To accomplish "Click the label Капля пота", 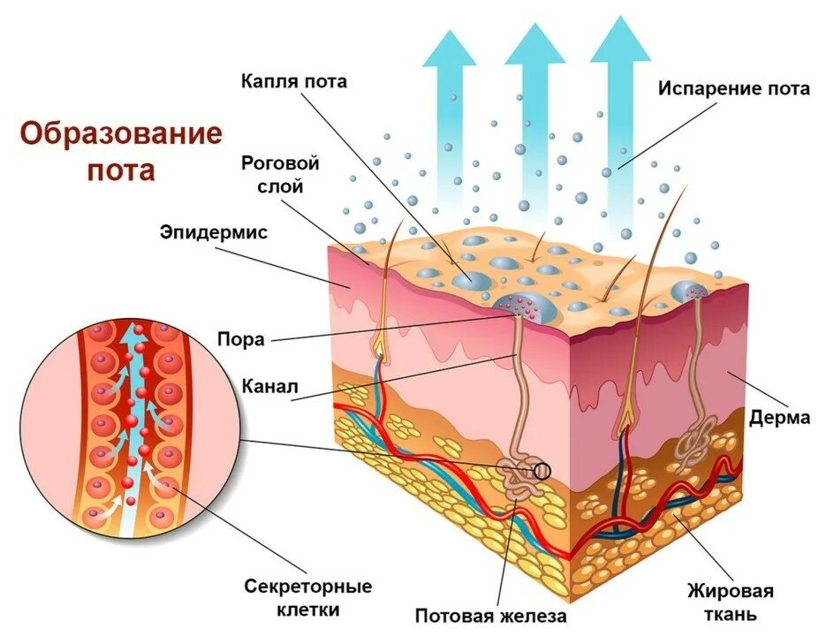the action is (294, 81).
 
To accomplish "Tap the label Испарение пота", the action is (734, 88).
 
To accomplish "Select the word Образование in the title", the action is (121, 134).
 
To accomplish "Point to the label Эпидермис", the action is (214, 232).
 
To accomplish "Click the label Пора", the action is (241, 339).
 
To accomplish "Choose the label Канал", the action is (269, 387).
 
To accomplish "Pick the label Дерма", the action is (779, 417).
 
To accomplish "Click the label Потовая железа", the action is (490, 616).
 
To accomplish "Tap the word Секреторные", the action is (308, 586).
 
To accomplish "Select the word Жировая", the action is (730, 591).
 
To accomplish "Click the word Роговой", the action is (280, 163).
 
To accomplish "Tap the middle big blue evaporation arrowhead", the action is (534, 45).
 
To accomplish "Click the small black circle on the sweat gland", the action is (542, 471).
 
